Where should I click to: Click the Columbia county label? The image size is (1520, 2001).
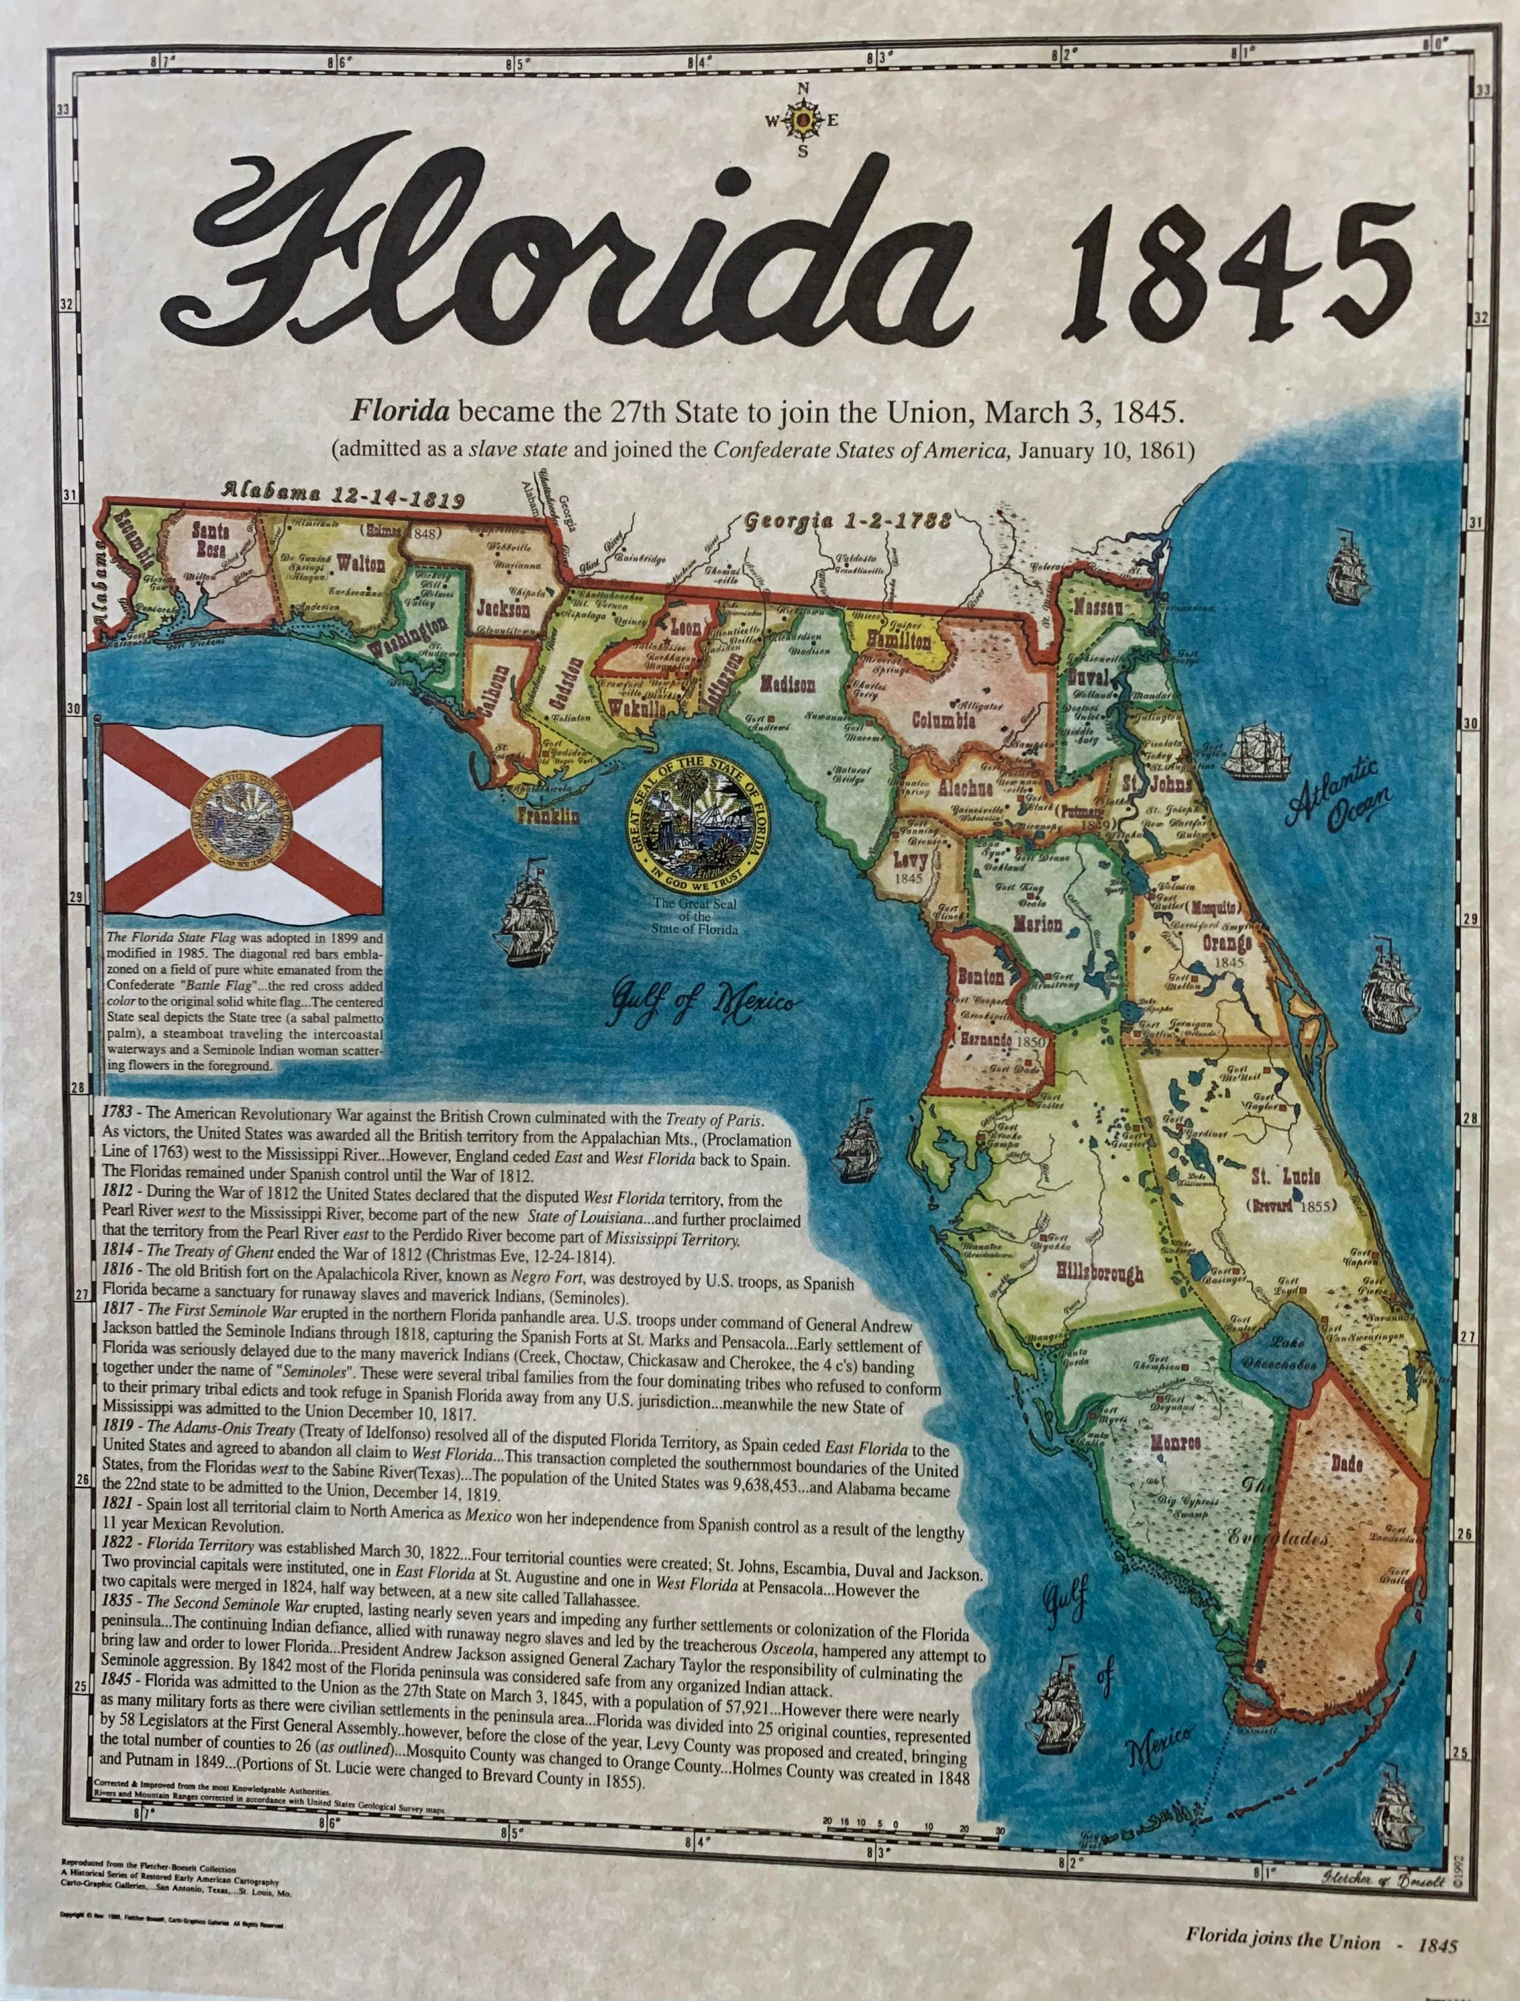coord(943,720)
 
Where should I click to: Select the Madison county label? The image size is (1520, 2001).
coord(787,685)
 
